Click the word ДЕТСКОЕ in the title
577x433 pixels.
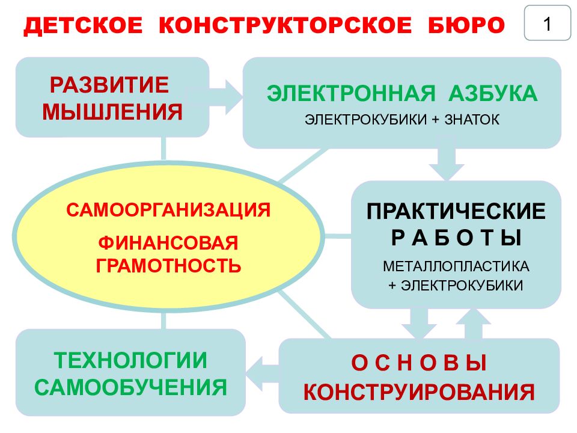(84, 25)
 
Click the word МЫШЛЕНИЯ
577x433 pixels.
(112, 112)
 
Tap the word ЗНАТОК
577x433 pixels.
(472, 120)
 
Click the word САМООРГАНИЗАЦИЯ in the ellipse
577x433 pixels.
(169, 210)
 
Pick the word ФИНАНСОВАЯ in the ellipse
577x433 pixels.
(168, 244)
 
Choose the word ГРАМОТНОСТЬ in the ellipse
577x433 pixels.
(168, 265)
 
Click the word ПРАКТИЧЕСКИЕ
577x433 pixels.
(456, 212)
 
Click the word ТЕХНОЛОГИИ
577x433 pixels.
(130, 360)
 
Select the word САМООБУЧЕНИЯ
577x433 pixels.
(130, 387)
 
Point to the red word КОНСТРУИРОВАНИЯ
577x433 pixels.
(419, 392)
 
